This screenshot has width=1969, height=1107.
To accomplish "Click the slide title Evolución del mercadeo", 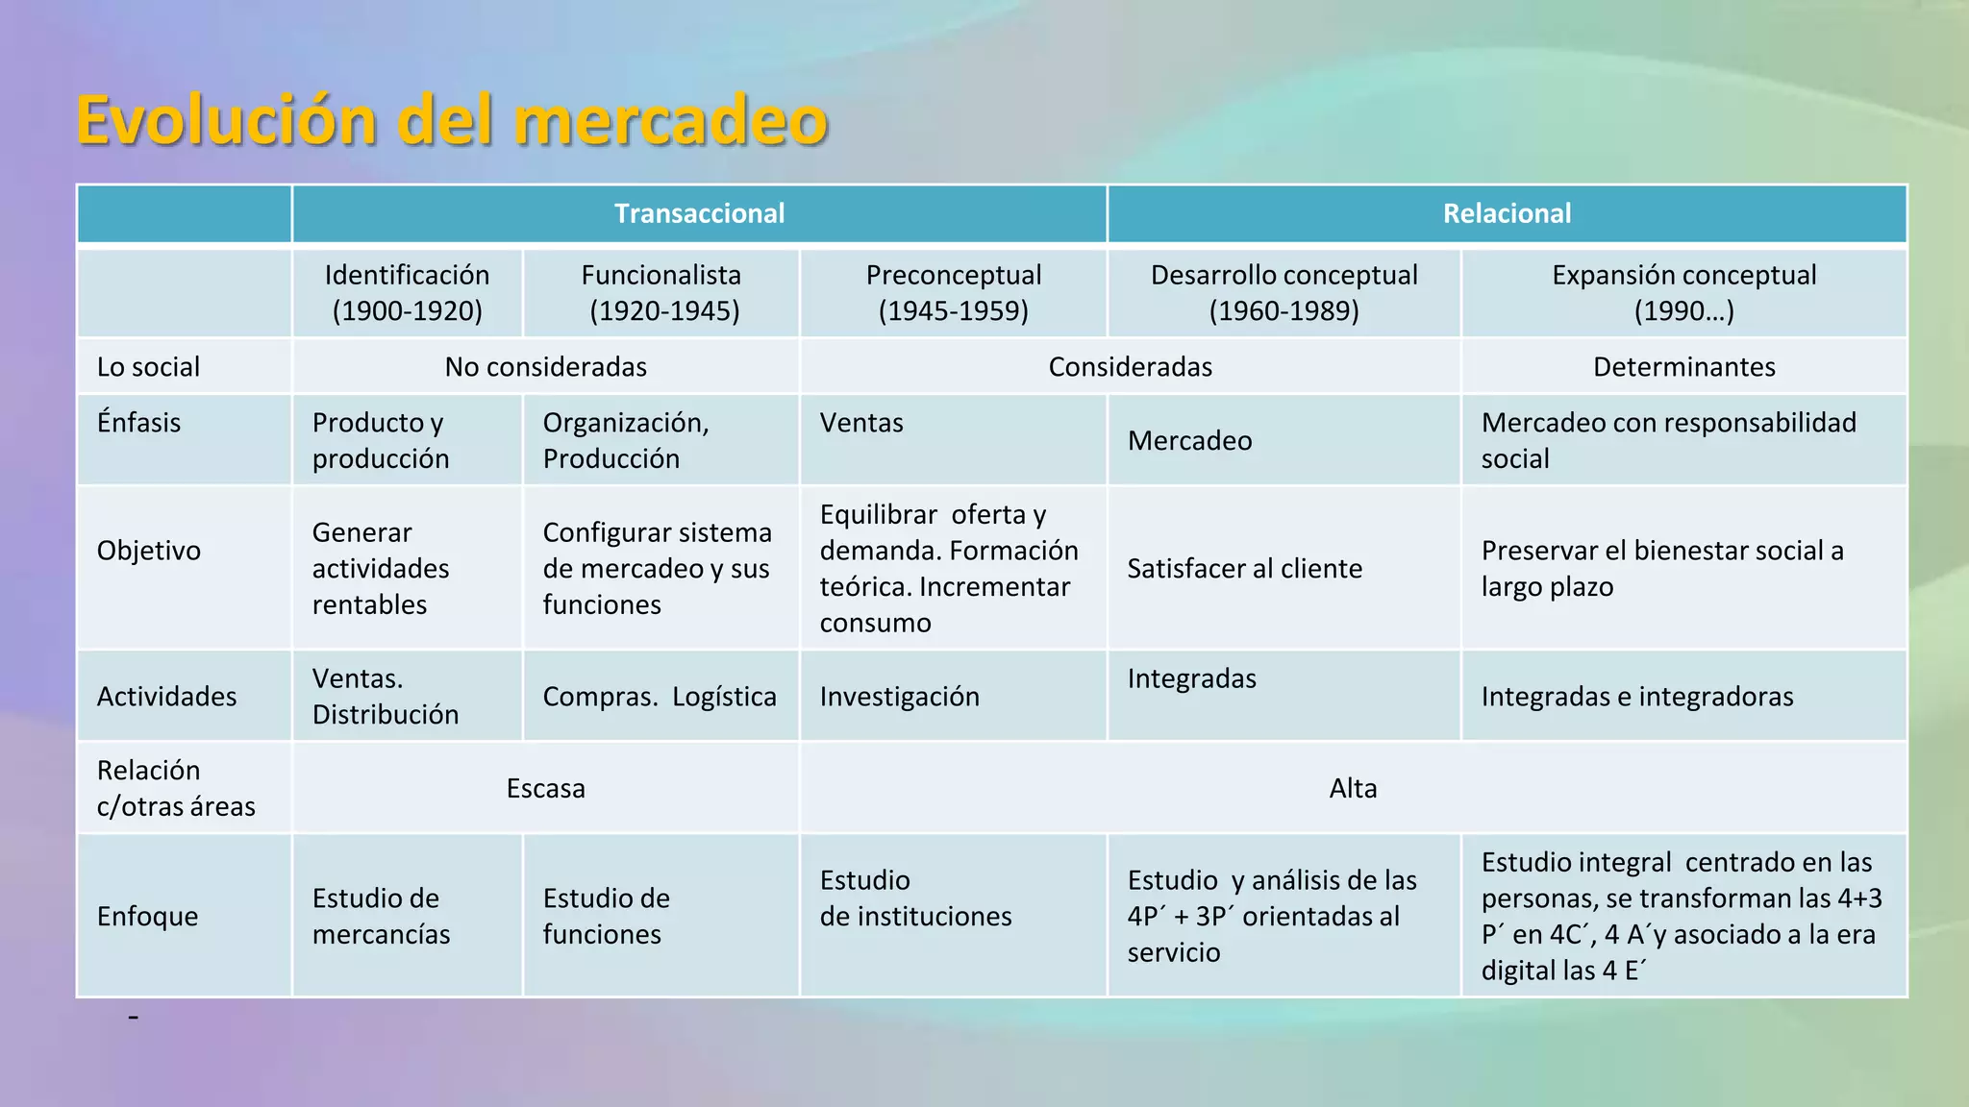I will tap(452, 121).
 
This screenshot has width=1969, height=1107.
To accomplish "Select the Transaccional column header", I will tap(699, 213).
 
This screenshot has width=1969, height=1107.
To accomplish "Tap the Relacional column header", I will tap(1507, 213).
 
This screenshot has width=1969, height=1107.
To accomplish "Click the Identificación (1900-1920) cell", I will tap(407, 293).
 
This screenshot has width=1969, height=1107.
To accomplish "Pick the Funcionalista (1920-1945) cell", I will tap(661, 293).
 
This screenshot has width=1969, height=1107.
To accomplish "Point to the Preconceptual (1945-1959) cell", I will tap(953, 293).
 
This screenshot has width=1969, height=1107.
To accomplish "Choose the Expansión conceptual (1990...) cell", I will tap(1683, 293).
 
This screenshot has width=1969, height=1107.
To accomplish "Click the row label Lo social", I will tap(148, 367).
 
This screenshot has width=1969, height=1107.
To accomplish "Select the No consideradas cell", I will tap(545, 367).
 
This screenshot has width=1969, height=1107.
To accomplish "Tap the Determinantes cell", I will tap(1683, 367).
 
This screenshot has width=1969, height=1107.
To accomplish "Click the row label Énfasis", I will tap(138, 423).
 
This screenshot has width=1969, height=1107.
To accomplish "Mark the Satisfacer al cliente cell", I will tap(1244, 569).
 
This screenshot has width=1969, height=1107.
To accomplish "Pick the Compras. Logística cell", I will tap(660, 697).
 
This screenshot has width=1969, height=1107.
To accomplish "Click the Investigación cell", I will tap(899, 697).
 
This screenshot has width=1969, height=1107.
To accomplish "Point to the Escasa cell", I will tap(545, 789).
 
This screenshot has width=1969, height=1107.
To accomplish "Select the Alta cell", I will tap(1353, 789).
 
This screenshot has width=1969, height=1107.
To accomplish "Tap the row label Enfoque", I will tap(147, 917).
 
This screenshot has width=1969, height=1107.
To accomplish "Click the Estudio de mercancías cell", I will tap(381, 917).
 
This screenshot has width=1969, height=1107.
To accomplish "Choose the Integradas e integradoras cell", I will tap(1636, 697).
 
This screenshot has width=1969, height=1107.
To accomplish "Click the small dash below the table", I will tap(134, 1017).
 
